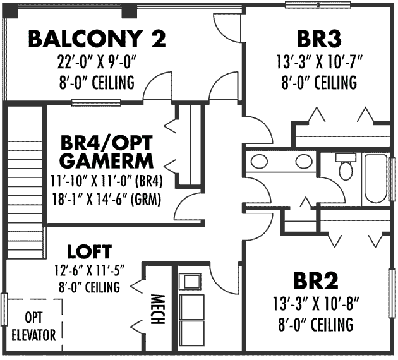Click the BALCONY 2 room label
(x=97, y=39)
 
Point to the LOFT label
(x=89, y=251)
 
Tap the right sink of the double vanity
(x=303, y=161)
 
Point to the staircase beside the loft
(x=27, y=183)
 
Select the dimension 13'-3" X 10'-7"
(x=317, y=62)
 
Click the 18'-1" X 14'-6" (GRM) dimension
(x=106, y=200)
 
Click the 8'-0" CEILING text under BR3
(x=317, y=82)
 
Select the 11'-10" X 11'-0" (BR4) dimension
(x=106, y=182)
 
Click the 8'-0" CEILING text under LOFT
(x=89, y=288)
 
